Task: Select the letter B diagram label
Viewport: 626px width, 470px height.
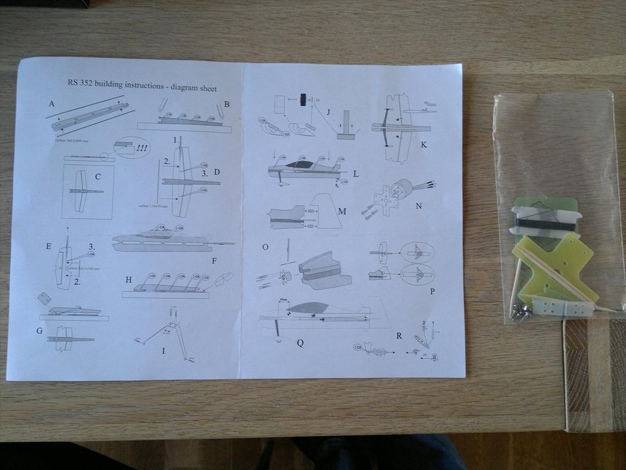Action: (227, 104)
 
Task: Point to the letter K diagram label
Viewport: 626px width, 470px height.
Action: (424, 144)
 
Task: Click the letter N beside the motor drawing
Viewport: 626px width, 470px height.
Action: (418, 206)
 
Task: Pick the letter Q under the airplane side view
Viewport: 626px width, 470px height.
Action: (300, 343)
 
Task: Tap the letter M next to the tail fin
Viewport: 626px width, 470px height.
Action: (342, 211)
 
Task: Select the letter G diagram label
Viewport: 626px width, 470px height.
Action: (40, 331)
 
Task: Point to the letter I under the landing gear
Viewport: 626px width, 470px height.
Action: (163, 351)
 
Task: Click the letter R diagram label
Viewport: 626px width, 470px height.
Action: (398, 336)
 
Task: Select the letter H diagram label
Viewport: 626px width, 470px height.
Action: (128, 280)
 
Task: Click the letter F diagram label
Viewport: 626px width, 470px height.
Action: (213, 261)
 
